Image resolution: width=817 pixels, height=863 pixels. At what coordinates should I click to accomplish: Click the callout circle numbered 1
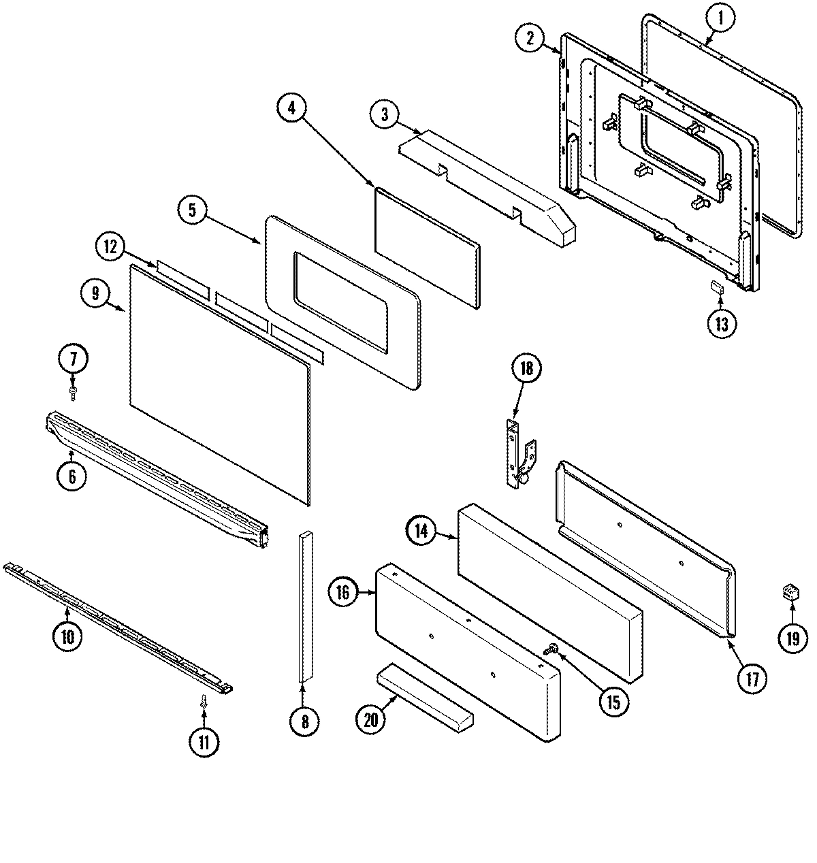[x=720, y=20]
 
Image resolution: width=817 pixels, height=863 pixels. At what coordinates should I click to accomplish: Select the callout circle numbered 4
[x=292, y=110]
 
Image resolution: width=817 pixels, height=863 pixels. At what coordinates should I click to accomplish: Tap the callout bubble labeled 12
[x=111, y=246]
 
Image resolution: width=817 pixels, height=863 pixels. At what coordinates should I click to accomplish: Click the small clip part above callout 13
[x=717, y=287]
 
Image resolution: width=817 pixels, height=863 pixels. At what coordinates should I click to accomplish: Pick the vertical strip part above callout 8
[x=304, y=606]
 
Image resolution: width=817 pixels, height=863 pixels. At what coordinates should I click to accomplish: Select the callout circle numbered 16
[x=343, y=593]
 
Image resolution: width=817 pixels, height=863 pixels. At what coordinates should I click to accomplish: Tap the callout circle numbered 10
[x=68, y=637]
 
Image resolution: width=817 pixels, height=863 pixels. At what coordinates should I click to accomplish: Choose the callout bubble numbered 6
[x=72, y=477]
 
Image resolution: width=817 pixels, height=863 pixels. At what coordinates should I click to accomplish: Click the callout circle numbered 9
[x=95, y=293]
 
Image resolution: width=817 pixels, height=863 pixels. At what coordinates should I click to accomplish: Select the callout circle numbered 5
[x=193, y=210]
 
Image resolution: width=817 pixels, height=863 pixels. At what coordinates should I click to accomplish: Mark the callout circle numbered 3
[x=385, y=114]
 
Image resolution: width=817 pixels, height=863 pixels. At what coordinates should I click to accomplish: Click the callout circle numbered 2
[x=530, y=38]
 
